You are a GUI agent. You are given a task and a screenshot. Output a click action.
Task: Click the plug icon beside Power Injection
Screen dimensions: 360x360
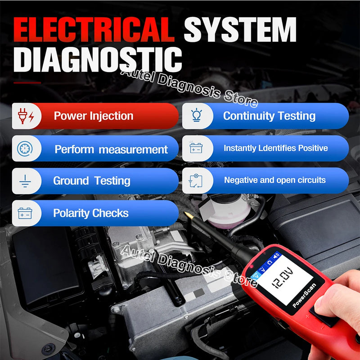pyautogui.click(x=25, y=116)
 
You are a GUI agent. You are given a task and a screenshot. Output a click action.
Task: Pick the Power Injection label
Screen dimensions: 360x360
pyautogui.click(x=94, y=116)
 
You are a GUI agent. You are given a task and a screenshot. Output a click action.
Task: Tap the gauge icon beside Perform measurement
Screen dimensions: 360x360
pyautogui.click(x=25, y=149)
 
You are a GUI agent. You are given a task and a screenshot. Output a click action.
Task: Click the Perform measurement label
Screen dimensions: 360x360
pyautogui.click(x=111, y=149)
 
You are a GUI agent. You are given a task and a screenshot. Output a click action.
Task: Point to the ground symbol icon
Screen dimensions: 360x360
pyautogui.click(x=25, y=181)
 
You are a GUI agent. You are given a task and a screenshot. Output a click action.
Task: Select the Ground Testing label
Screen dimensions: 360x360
pyautogui.click(x=92, y=181)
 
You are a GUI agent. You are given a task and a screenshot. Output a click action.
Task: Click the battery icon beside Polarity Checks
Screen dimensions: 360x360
pyautogui.click(x=25, y=213)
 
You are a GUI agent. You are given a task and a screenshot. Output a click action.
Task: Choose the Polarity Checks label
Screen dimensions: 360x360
pyautogui.click(x=91, y=213)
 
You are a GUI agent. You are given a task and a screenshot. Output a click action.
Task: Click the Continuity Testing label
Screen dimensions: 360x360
pyautogui.click(x=269, y=116)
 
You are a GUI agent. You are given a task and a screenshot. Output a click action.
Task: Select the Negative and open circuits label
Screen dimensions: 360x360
pyautogui.click(x=275, y=180)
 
